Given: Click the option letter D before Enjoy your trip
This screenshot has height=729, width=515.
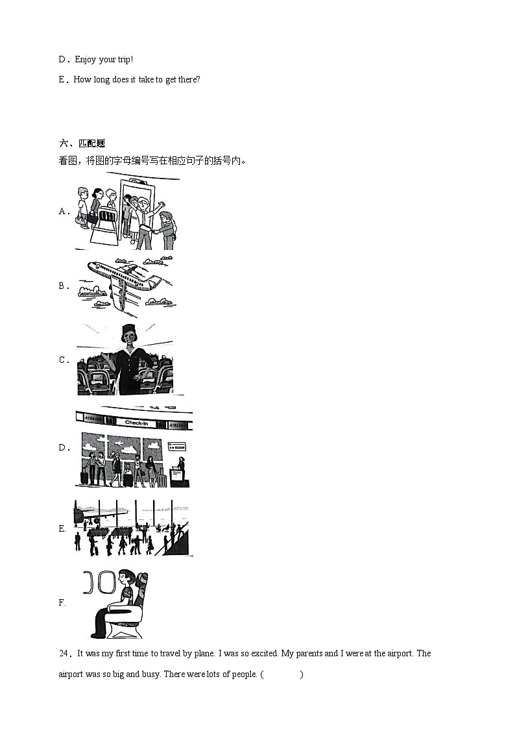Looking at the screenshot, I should point(62,60).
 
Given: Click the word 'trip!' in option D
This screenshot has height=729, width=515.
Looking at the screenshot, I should point(124,60).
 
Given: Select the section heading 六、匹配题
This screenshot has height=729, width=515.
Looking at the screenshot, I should point(82,143).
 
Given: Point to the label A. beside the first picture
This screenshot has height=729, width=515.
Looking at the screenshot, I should point(64,211).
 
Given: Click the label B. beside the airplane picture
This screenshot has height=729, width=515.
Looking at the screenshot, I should point(64,286).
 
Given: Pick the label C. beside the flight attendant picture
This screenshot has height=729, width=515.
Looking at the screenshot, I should point(64,360).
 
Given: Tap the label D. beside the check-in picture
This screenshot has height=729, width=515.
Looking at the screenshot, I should point(64,447).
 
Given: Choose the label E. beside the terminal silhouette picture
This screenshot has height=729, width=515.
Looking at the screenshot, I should point(62,528).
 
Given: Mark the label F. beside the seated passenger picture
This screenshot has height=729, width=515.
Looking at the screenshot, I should point(62,602).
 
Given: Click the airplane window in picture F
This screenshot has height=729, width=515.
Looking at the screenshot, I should point(106,583).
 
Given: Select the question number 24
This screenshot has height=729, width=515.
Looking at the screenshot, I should point(64,654).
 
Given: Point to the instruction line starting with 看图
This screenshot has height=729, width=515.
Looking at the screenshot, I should point(152,160).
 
